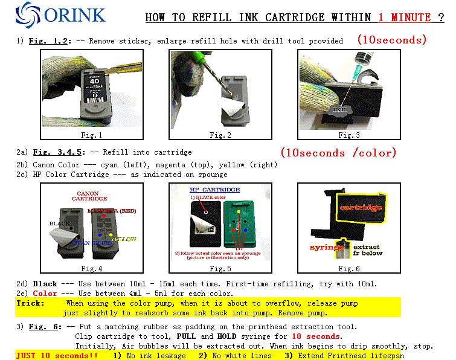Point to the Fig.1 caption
click(92, 135)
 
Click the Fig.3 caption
click(349, 135)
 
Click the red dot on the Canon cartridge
click(104, 216)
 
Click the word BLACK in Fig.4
click(60, 223)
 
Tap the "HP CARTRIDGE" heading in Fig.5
click(202, 189)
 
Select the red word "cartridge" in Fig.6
click(361, 207)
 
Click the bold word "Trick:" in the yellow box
click(30, 303)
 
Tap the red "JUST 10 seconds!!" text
click(56, 355)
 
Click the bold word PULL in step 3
click(186, 336)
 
